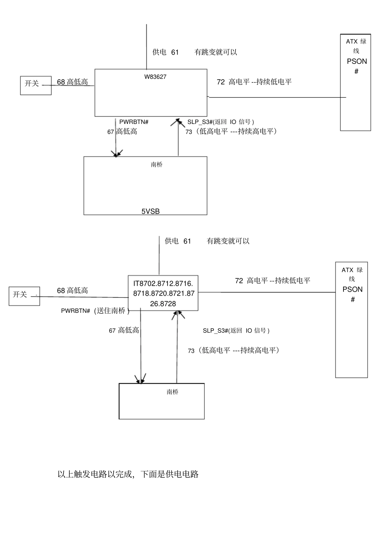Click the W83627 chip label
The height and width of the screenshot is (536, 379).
(x=155, y=77)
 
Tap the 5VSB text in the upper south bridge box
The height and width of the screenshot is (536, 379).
(x=150, y=211)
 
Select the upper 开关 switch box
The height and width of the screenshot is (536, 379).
(x=36, y=85)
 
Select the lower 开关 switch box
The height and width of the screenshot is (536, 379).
(x=24, y=296)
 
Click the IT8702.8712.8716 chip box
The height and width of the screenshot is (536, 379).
(x=163, y=294)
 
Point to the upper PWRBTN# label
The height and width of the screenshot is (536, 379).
(x=134, y=122)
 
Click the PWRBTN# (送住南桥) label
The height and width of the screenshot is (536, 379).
(x=95, y=311)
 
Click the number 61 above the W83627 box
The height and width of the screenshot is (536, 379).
(x=175, y=52)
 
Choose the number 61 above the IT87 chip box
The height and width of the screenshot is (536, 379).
(x=187, y=241)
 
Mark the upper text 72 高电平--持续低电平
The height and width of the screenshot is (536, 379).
(x=254, y=82)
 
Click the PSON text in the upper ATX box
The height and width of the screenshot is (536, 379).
(x=357, y=61)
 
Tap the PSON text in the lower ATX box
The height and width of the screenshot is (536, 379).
(x=352, y=289)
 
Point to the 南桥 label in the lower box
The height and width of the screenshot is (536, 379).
(x=172, y=392)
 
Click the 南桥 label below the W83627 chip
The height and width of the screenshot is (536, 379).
(x=157, y=165)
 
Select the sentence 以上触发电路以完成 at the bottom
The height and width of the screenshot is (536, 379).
(x=128, y=474)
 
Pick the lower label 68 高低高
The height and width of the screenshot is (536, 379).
(x=72, y=291)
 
